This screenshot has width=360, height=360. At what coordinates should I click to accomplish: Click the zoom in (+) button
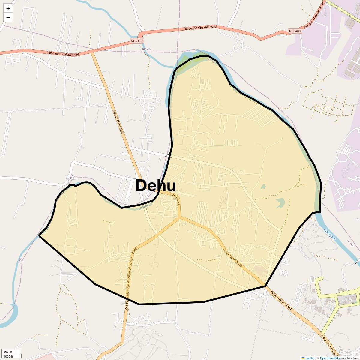coord(8,9)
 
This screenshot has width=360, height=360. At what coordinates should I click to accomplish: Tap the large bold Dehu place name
coord(155,186)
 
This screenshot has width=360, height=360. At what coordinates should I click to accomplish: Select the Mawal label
coord(147,49)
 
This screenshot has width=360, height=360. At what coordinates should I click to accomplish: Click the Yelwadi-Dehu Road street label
coord(118,121)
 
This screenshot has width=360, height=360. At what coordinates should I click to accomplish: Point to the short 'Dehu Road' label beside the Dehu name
coord(175,199)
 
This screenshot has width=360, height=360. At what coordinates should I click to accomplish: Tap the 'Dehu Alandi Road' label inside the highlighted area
coord(233,258)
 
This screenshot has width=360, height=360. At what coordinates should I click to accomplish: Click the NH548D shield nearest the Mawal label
coord(137,41)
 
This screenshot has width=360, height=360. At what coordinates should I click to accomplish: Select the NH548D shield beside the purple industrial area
coord(295,31)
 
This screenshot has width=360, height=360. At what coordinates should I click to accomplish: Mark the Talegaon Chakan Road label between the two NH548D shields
coord(200,28)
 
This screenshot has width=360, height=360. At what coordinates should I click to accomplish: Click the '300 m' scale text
coord(8,352)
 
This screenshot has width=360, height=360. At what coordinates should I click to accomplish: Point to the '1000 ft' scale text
coord(8,356)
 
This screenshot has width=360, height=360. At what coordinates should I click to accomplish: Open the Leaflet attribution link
coord(310,358)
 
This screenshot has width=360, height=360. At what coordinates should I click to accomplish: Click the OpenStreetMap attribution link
coord(331,358)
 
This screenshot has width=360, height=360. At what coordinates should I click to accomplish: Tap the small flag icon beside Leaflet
coord(303,358)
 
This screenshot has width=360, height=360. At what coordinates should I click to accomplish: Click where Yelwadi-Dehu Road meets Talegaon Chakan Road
coord(92,52)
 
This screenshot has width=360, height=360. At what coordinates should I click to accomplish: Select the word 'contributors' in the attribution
coord(350,358)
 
